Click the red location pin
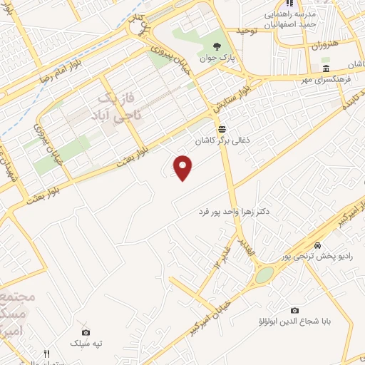pyautogui.click(x=184, y=168)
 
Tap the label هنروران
pyautogui.click(x=323, y=44)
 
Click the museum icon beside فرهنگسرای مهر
pyautogui.click(x=326, y=69)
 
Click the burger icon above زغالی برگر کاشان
pyautogui.click(x=222, y=129)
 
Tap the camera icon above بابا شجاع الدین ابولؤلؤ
pyautogui.click(x=294, y=311)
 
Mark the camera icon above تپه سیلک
pyautogui.click(x=86, y=332)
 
